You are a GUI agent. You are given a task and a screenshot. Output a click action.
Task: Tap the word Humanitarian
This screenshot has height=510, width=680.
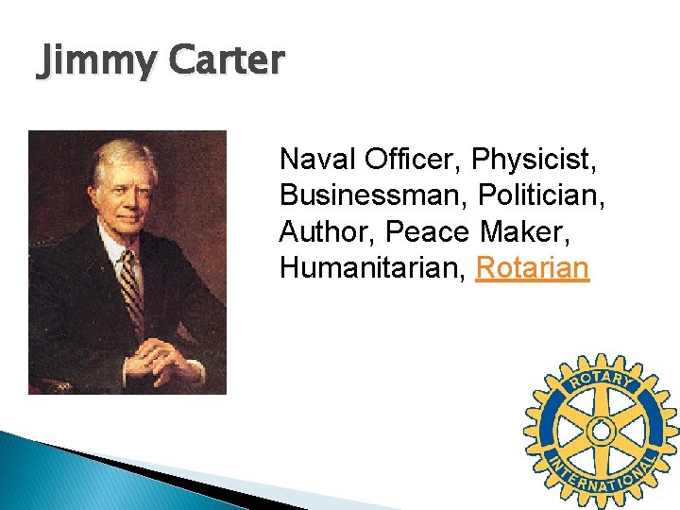[x=372, y=269]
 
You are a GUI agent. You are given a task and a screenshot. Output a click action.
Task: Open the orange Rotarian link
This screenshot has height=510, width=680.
[x=533, y=269]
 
